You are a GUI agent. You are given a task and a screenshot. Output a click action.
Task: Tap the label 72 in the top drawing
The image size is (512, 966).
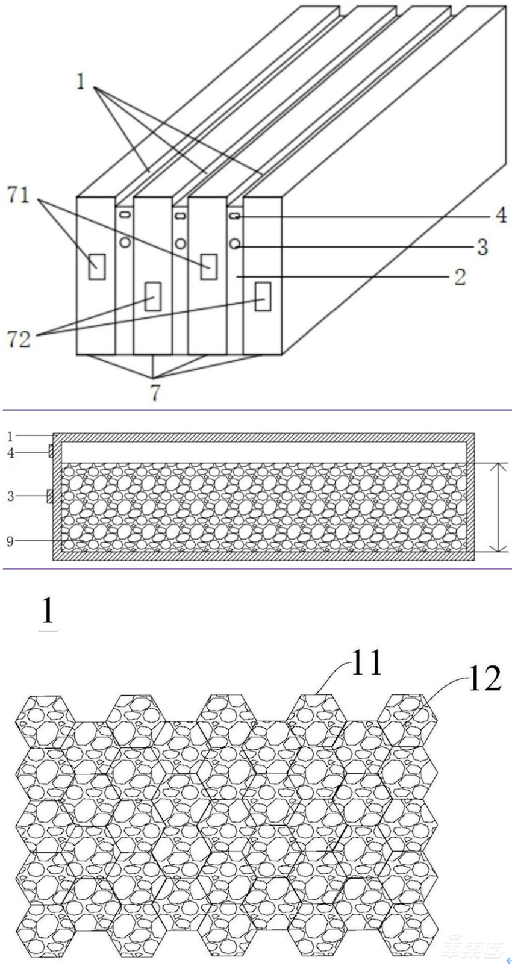pos(19,339)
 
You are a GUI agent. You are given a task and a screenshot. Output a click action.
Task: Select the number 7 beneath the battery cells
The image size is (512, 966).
pos(155,393)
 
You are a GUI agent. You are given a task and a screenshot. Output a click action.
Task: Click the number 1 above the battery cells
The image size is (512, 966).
pos(81,81)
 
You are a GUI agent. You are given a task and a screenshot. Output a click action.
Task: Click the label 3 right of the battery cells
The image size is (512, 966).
pos(481,247)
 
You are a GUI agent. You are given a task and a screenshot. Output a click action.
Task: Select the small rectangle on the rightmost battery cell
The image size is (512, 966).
pos(262,296)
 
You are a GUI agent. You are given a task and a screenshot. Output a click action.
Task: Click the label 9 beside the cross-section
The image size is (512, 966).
pos(10,541)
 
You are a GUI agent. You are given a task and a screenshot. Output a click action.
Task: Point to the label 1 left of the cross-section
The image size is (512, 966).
pos(10,435)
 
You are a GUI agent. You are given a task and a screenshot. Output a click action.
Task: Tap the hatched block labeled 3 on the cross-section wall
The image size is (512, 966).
pos(50,496)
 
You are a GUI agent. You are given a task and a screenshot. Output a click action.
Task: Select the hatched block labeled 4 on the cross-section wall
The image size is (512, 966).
pos(51,450)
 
